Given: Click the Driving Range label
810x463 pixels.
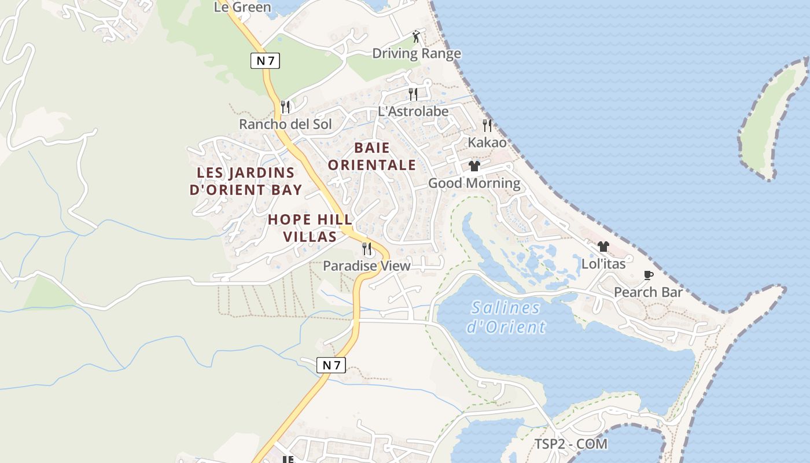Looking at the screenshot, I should pos(416,54).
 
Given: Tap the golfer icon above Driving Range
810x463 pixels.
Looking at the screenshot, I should pos(416,37).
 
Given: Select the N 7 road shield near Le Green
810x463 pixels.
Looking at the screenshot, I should pos(265,61).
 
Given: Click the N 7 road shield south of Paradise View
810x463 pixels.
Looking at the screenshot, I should pos(332,365).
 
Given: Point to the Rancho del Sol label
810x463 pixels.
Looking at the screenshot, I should pos(285,124).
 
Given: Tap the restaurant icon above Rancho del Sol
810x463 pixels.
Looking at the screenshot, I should pos(285,107).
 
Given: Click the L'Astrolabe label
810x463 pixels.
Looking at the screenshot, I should pos(413,111).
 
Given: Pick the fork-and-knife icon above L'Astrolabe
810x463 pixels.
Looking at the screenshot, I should pos(413,94).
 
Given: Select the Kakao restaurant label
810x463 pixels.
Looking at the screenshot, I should pos(487,142).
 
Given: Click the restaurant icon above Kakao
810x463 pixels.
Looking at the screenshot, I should pos(487,125).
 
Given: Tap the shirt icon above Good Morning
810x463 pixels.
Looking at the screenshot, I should pos(474,167).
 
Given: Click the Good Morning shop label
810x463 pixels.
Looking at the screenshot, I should pos(474,183).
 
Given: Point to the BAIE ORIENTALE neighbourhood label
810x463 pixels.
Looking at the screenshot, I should pos(372,156).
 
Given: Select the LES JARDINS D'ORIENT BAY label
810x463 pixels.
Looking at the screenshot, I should pos(246,181).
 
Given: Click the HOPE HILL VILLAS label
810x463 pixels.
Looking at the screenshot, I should pos(310,228).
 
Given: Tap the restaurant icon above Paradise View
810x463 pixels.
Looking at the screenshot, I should pos(367,249).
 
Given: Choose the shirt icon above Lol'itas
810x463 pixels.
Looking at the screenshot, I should pos(603,247).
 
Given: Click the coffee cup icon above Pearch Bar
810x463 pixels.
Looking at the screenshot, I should pos(649,275).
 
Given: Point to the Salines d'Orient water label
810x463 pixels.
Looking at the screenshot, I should pos(506,317).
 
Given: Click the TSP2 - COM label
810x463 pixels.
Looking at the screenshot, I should pos(570,444).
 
